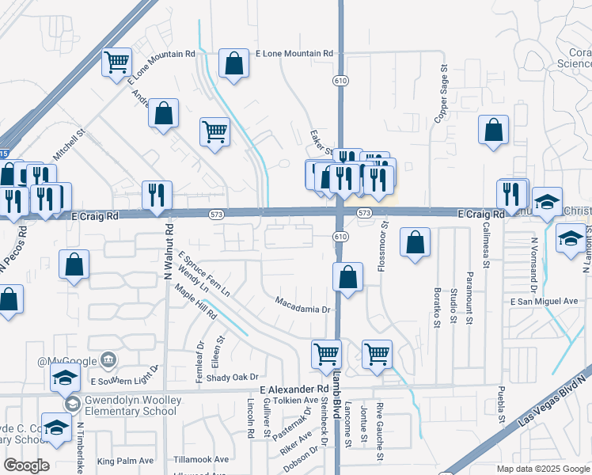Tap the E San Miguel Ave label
coord(544,302)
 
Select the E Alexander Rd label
coord(294,389)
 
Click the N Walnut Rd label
coord(169,252)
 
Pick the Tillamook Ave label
coord(201,459)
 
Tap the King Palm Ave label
coord(125,461)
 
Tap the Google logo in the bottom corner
coord(26,465)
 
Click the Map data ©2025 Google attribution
coord(542,469)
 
